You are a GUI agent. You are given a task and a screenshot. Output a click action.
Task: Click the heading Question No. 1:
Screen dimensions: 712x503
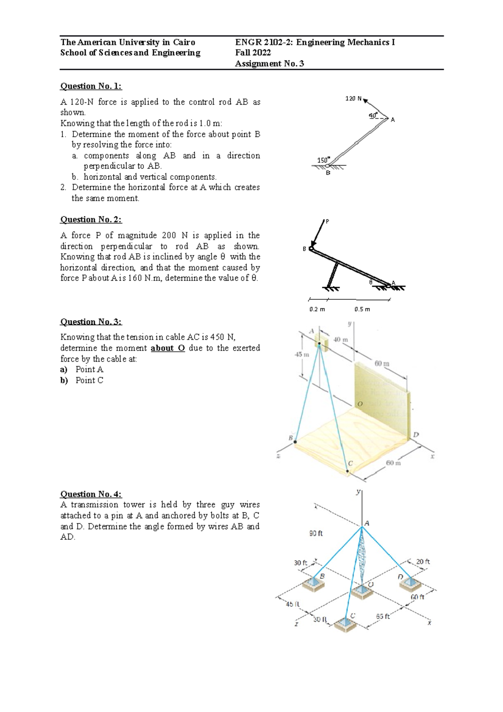tap(91, 86)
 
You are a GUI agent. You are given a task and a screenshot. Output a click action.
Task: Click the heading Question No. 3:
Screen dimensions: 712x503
tap(91, 322)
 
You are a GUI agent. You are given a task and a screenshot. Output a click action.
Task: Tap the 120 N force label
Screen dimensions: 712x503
tap(353, 99)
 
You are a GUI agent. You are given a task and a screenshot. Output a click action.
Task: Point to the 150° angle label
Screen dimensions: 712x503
tap(323, 160)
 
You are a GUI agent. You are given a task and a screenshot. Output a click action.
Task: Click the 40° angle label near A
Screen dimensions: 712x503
tap(373, 115)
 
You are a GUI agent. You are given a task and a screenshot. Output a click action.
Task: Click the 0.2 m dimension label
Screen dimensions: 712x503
tap(317, 309)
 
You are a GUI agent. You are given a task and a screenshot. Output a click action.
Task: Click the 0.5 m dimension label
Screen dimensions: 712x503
tap(362, 309)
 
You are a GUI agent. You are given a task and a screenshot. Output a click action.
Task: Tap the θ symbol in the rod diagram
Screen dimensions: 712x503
tap(371, 282)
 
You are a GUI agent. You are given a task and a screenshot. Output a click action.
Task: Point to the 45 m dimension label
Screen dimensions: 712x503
tap(302, 354)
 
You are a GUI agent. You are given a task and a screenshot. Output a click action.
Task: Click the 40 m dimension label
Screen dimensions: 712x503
tap(340, 339)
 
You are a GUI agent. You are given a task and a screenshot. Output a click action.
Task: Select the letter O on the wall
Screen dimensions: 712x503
tap(359, 404)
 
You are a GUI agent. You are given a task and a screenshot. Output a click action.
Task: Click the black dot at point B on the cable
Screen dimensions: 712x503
tap(295, 442)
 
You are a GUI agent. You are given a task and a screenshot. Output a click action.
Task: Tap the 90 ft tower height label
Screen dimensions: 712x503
tap(316, 534)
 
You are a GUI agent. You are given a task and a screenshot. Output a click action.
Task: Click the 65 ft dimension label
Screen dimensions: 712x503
tap(383, 616)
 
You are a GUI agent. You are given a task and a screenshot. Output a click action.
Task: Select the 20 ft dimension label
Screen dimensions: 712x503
tap(423, 561)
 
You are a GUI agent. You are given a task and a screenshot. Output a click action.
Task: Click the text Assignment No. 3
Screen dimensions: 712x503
tap(270, 64)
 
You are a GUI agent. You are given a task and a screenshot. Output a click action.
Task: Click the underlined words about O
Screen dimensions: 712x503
tap(168, 348)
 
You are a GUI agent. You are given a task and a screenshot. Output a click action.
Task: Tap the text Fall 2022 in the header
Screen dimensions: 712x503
tap(253, 53)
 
